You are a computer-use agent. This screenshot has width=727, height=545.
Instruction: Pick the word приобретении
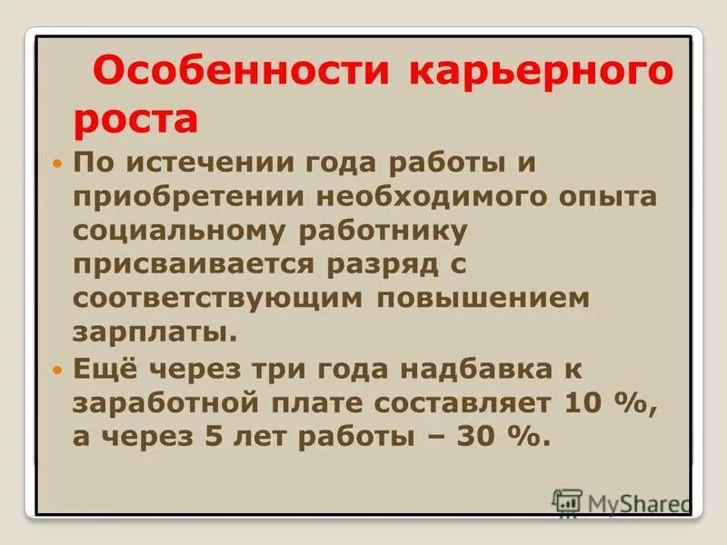[193, 198]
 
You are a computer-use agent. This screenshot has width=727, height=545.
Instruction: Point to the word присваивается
[198, 265]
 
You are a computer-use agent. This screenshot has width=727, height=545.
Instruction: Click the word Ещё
[102, 369]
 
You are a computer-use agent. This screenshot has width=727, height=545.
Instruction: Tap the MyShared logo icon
[568, 502]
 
